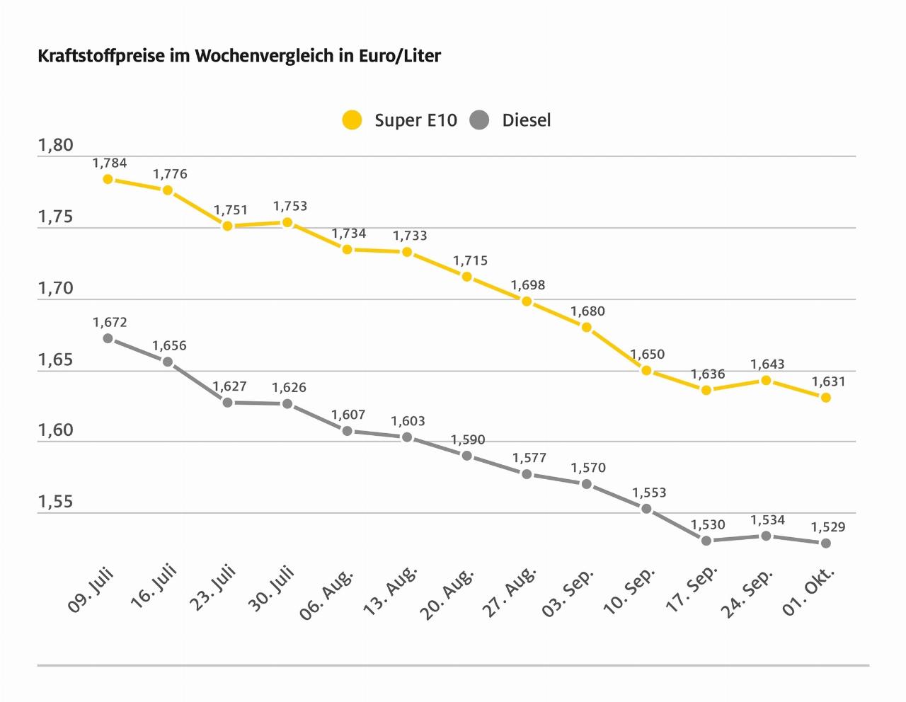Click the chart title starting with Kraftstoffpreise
(x=239, y=56)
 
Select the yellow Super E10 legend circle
(x=352, y=120)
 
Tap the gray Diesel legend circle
(x=479, y=120)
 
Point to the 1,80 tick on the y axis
(x=56, y=146)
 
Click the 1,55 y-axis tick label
(x=56, y=502)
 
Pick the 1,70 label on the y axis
(x=56, y=289)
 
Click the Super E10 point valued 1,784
(x=108, y=179)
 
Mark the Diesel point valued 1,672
(x=108, y=338)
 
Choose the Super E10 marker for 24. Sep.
(x=766, y=380)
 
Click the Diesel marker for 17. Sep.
(x=706, y=541)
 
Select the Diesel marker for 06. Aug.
(x=348, y=431)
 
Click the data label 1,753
(x=290, y=207)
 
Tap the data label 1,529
(x=828, y=527)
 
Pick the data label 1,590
(x=469, y=440)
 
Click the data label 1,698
(x=528, y=285)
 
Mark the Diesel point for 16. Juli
(x=168, y=362)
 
